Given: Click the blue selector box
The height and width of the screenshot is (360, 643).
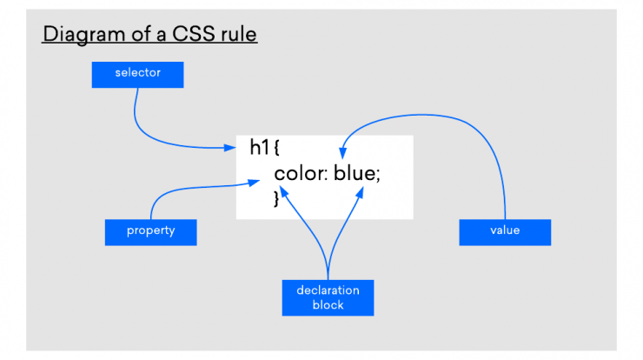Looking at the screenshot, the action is tap(138, 75).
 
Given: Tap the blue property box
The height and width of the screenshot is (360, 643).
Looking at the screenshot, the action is tap(151, 232).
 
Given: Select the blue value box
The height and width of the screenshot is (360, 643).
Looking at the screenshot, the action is tap(505, 232).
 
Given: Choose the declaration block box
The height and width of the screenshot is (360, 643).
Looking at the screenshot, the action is tap(328, 298).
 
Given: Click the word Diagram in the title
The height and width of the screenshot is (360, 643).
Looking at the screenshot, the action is tap(84, 35).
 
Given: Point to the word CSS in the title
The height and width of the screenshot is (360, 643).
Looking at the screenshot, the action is tap(194, 34).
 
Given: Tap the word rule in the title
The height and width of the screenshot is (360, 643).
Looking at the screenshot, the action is tap(239, 34).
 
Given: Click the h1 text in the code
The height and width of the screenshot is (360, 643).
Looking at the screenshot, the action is tap(260, 147).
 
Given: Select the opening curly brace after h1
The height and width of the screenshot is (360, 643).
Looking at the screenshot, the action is tap(276, 148).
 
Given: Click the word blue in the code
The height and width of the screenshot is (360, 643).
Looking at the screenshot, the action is tap(355, 172).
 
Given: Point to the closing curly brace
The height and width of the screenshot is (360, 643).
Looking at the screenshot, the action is tap(276, 198).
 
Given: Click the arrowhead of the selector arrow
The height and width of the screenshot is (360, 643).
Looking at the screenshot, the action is tap(230, 147).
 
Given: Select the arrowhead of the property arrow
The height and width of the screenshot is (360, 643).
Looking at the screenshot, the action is tap(254, 183).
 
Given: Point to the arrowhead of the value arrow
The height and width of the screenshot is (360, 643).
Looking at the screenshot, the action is tap(343, 153).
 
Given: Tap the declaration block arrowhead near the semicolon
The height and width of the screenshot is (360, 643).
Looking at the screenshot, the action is tap(360, 192).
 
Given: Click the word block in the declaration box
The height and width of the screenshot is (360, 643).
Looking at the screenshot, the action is tap(328, 305).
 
